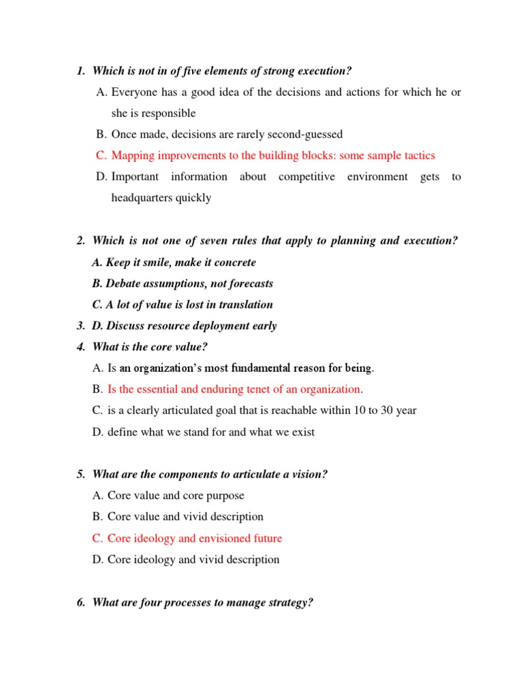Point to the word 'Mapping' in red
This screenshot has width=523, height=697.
coord(131,155)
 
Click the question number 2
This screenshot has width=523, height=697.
coord(80,241)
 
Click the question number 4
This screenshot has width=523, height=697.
coord(80,347)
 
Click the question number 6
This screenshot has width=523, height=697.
coord(80,602)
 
